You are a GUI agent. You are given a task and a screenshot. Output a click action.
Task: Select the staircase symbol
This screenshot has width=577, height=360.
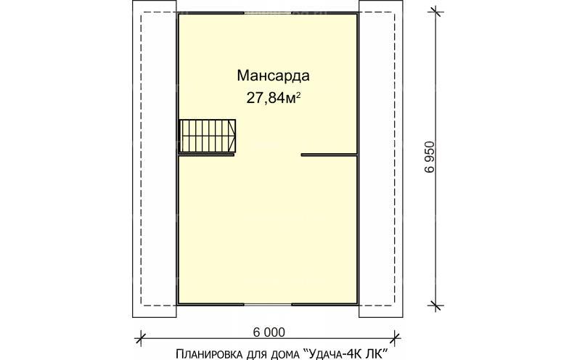click(208, 136)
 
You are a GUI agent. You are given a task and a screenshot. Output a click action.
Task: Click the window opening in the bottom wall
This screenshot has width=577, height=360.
click(268, 305)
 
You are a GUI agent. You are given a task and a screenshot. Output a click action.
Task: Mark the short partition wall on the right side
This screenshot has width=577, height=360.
click(329, 155)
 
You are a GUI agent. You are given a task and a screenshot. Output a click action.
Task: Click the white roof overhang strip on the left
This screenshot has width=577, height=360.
click(155, 160)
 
